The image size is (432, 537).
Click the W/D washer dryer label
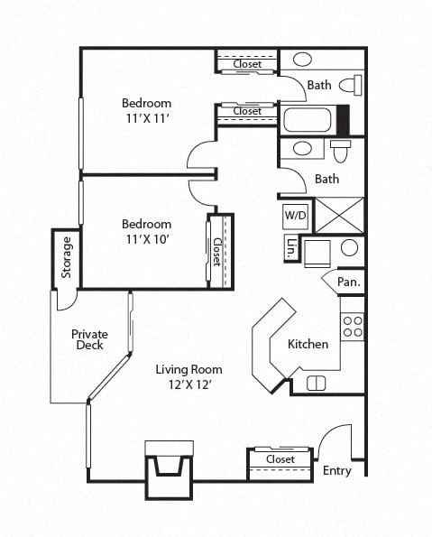tap(295, 216)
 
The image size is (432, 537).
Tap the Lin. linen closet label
tap(291, 248)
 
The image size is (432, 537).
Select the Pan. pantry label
tap(349, 282)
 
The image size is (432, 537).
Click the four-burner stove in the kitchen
tap(353, 327)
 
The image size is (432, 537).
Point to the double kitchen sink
tap(316, 383)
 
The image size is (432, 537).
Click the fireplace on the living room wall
tap(170, 469)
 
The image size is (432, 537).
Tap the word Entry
tap(337, 471)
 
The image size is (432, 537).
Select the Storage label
tap(67, 257)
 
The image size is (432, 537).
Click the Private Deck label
tap(89, 339)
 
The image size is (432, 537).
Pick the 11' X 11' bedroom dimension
tap(148, 119)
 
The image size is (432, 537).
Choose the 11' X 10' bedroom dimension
tap(148, 239)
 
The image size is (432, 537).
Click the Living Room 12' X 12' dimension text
tap(189, 384)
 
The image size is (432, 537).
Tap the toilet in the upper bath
tap(351, 85)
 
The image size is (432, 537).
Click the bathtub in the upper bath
tap(308, 120)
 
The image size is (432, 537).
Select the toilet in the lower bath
tap(341, 151)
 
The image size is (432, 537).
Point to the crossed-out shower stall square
tap(340, 216)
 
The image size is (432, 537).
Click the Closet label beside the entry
tap(280, 458)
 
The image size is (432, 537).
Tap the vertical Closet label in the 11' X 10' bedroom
tap(216, 252)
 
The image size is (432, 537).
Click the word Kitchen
tap(308, 344)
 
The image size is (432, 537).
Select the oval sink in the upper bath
tap(302, 60)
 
